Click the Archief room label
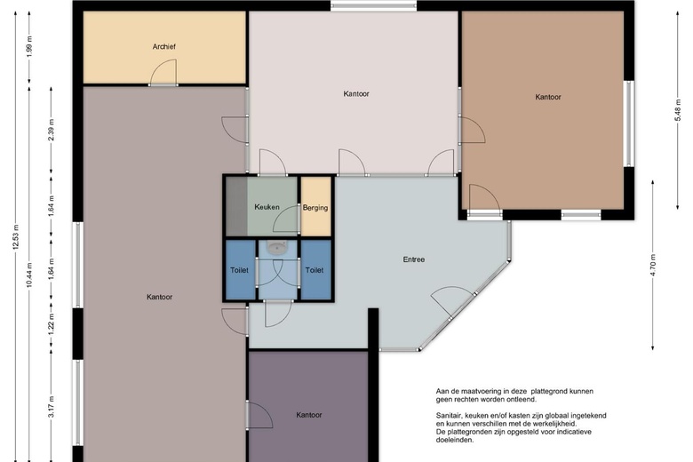(164, 46)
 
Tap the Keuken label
(267, 207)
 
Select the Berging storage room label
(315, 208)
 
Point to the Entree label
(414, 259)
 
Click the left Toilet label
(239, 270)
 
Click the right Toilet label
(315, 270)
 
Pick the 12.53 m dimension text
(16, 237)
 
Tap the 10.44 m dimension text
(29, 275)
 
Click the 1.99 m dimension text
(29, 46)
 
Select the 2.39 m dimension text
(52, 130)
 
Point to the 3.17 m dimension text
(52, 407)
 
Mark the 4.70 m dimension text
(653, 266)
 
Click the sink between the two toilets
(278, 248)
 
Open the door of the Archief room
(163, 73)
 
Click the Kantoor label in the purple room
(309, 415)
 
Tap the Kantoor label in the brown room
(548, 97)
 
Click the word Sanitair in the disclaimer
(449, 416)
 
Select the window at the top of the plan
(374, 5)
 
